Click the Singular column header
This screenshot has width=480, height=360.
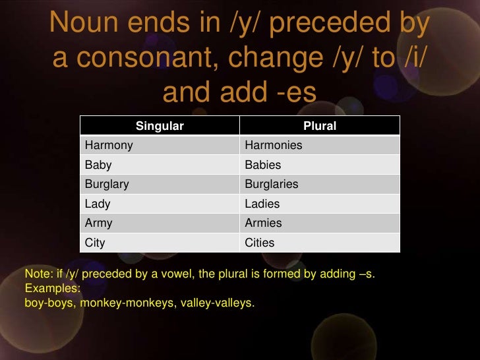(159, 126)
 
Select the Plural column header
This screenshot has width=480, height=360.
(319, 126)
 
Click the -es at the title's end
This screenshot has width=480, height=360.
(294, 92)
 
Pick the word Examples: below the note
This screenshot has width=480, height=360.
(52, 289)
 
